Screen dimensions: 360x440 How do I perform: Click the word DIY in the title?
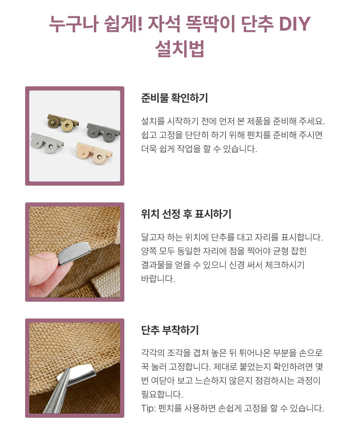295,23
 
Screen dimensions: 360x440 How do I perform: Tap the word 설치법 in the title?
180,49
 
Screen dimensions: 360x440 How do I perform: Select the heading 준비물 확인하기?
175,98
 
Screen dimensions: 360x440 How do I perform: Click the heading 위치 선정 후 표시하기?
186,214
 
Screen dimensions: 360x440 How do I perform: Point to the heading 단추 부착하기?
170,330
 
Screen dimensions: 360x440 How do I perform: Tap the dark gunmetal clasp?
103,132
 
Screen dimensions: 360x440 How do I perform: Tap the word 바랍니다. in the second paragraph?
158,279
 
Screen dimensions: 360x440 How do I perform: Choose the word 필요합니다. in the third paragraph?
162,395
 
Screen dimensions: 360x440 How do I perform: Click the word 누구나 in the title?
74,23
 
